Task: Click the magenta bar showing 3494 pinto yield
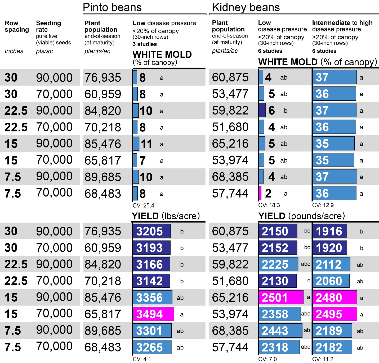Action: [x=153, y=314]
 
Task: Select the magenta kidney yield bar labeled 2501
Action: [x=281, y=297]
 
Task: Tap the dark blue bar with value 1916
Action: [x=329, y=231]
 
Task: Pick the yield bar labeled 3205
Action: [x=152, y=231]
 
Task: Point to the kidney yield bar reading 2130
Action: [x=278, y=281]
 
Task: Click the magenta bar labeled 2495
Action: [x=335, y=314]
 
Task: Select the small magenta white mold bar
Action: [x=260, y=193]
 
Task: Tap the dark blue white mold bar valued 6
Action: [x=262, y=111]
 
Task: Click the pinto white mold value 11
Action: [x=146, y=144]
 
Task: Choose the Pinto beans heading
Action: [x=112, y=7]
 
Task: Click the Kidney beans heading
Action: [x=246, y=7]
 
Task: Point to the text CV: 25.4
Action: [x=143, y=205]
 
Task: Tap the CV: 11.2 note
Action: [x=323, y=359]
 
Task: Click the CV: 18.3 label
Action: [x=269, y=205]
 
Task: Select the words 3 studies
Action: [x=145, y=44]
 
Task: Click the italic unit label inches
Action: [x=14, y=51]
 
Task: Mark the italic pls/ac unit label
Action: [x=44, y=51]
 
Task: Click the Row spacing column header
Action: [x=17, y=26]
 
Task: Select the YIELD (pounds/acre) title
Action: [x=301, y=216]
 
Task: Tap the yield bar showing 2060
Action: [x=331, y=281]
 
